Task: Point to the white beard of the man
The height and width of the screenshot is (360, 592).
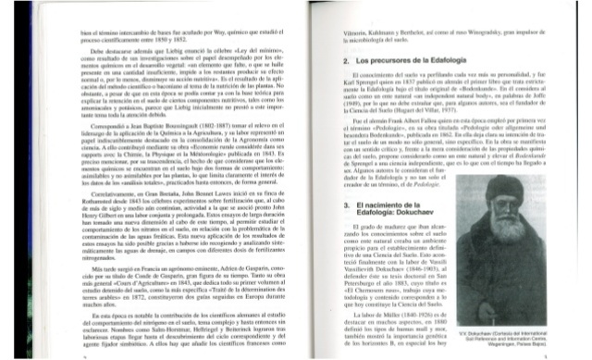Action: pos(491,222)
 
